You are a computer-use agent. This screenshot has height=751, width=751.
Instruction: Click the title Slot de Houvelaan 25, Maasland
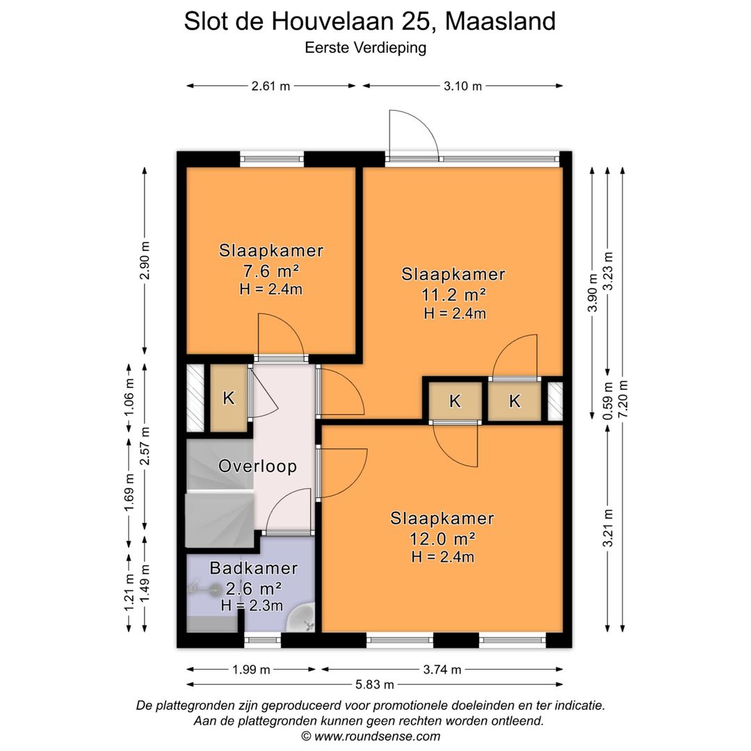click(369, 22)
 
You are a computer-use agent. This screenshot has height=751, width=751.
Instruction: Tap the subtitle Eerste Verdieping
click(365, 48)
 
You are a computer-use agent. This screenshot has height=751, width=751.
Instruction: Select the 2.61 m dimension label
click(270, 86)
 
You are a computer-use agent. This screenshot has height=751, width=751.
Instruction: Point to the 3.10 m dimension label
click(462, 86)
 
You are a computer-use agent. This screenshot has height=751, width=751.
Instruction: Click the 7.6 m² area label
click(270, 270)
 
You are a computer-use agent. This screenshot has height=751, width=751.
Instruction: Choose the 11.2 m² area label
click(454, 293)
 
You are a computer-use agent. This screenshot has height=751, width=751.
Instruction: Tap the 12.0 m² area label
click(442, 538)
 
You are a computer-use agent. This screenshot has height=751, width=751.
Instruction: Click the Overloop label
click(257, 467)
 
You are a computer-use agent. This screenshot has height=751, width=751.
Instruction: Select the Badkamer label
click(254, 569)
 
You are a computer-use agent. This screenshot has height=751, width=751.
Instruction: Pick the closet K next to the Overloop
click(228, 398)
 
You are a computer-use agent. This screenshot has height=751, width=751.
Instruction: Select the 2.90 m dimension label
click(145, 261)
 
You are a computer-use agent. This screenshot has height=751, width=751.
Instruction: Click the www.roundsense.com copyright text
click(371, 736)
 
